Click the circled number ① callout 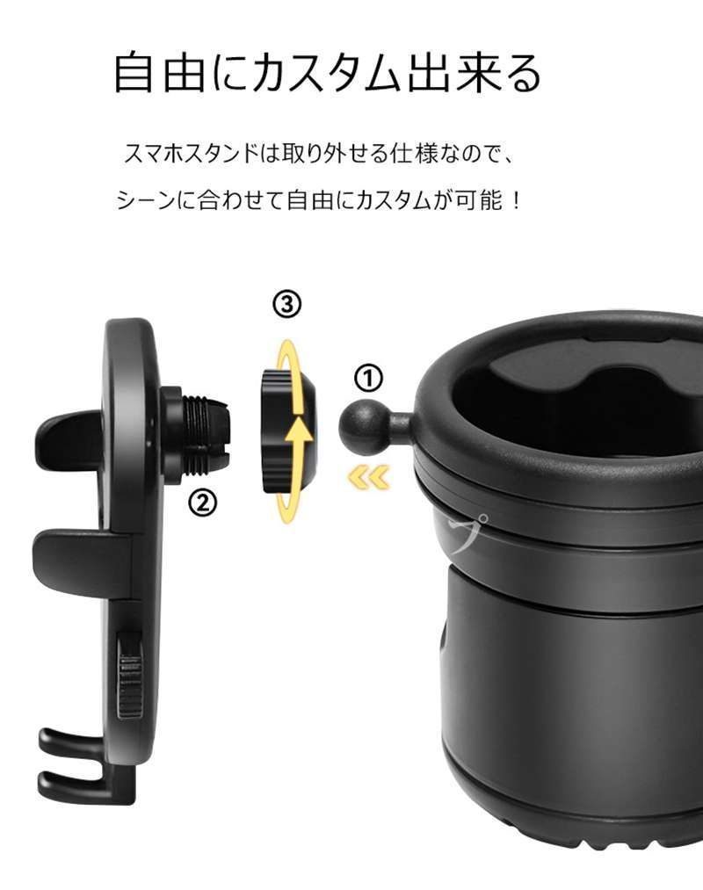pyautogui.click(x=369, y=379)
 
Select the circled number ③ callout pyautogui.click(x=287, y=304)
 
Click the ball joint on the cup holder pyautogui.click(x=360, y=423)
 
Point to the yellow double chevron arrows pyautogui.click(x=367, y=477)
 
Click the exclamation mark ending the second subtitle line pyautogui.click(x=516, y=200)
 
